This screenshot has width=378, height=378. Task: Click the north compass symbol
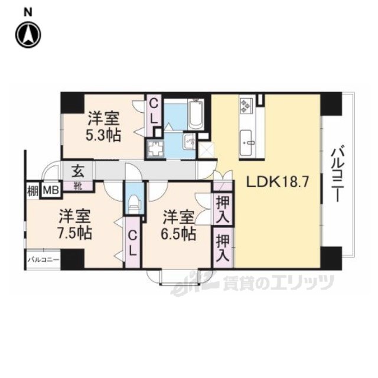28,34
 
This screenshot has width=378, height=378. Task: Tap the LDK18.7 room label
278,183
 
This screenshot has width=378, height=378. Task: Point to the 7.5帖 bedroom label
75,224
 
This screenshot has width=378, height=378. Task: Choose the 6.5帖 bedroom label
178,225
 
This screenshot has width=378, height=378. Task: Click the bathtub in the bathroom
195,114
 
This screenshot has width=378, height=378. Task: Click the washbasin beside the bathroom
190,142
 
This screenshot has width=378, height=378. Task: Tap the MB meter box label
51,190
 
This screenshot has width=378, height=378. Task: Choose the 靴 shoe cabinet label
77,186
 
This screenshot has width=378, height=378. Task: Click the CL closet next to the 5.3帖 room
154,112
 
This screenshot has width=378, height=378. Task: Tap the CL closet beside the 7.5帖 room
132,243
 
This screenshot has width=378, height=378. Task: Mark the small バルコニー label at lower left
43,260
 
